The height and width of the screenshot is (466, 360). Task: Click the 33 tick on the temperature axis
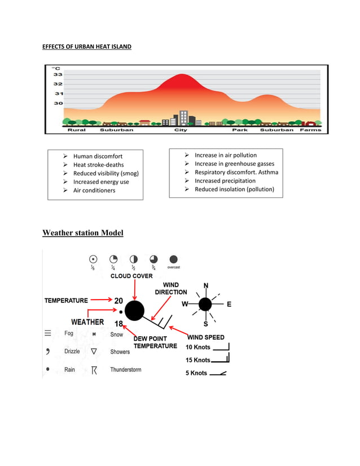[58, 74]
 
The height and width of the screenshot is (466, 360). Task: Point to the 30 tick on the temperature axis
[58, 103]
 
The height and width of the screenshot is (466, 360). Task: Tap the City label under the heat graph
[180, 130]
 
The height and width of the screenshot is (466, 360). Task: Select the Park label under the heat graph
[240, 130]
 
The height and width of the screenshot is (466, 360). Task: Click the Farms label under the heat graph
[310, 130]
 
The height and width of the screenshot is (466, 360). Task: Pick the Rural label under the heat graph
[77, 130]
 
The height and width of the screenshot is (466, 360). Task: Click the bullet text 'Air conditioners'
[94, 191]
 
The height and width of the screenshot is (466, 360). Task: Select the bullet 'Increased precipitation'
[225, 181]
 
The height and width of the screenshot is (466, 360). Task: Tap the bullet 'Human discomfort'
[97, 156]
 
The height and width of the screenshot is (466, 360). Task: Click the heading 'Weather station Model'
[83, 233]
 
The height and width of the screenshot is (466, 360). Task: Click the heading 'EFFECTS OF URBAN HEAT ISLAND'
[87, 46]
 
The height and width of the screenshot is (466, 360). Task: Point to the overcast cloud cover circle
[173, 259]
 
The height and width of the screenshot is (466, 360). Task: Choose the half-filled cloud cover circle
[134, 259]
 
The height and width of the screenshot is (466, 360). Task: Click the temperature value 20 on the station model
[118, 301]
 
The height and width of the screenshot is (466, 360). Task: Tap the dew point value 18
[118, 324]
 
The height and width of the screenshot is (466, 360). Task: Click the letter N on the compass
[205, 285]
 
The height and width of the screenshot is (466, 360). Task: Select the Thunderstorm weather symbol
[94, 370]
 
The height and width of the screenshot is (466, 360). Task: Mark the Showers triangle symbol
[94, 351]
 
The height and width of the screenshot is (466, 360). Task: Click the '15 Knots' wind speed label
[197, 360]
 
